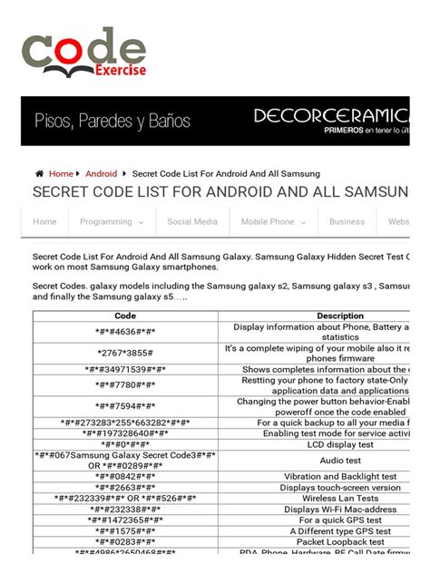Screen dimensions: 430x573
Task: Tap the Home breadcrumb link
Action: click(61, 173)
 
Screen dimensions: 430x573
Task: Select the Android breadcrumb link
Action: click(101, 173)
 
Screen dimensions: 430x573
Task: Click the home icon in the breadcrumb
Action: click(40, 173)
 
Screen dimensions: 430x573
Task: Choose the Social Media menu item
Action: click(192, 221)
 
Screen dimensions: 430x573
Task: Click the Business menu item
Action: click(347, 221)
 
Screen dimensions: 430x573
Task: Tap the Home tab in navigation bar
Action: click(44, 221)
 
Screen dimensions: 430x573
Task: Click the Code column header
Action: click(125, 316)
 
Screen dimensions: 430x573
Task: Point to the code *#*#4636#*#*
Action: click(125, 331)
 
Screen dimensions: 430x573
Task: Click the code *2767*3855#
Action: click(125, 352)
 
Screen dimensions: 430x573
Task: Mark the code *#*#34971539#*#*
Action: click(125, 370)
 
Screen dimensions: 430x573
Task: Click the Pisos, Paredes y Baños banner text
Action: click(112, 121)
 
